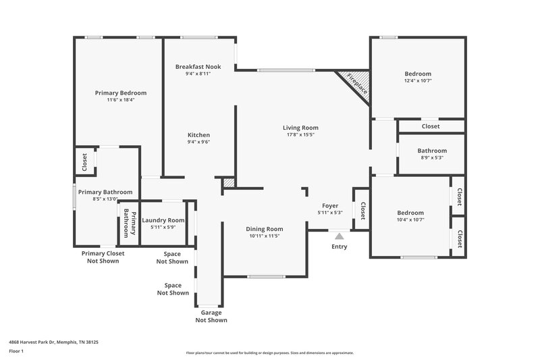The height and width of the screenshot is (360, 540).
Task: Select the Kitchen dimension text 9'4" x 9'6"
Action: [198, 143]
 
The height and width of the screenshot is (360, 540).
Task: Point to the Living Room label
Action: [300, 128]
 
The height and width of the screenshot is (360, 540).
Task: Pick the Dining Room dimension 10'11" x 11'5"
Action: [265, 236]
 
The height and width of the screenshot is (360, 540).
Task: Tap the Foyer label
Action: [330, 205]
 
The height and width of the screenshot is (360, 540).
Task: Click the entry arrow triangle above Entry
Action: [339, 236]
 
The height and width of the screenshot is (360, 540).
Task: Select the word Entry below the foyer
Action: [339, 247]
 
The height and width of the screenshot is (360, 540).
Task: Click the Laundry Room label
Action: [162, 220]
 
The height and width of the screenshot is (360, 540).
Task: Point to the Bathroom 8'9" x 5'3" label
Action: [432, 151]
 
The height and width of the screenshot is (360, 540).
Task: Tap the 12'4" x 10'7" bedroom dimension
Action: [418, 81]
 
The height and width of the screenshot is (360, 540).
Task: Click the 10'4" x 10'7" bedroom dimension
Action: [410, 220]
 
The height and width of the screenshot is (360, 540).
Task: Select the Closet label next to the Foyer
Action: [362, 211]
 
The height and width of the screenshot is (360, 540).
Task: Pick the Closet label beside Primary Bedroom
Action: [84, 162]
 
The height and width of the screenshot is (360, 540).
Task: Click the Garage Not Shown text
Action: [211, 316]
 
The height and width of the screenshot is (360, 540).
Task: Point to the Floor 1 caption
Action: [16, 351]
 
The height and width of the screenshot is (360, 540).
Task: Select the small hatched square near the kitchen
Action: [229, 182]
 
